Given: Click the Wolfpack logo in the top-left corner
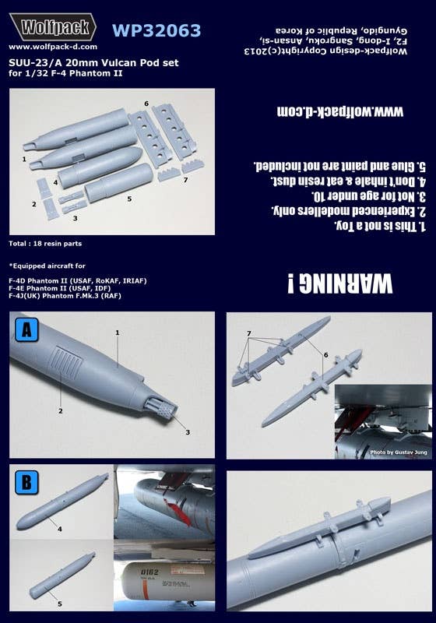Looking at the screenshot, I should (x=51, y=29).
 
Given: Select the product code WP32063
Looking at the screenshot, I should (x=156, y=30).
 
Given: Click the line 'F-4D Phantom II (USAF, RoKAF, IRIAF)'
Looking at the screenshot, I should (x=78, y=280).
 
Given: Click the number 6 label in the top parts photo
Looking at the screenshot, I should (x=146, y=103).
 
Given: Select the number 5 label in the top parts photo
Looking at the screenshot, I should (x=128, y=199).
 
